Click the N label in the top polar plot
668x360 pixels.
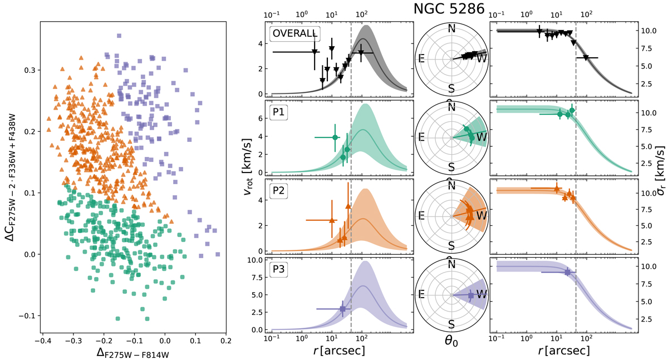451,28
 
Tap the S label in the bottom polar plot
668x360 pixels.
451,324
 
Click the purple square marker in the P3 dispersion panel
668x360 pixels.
567,272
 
